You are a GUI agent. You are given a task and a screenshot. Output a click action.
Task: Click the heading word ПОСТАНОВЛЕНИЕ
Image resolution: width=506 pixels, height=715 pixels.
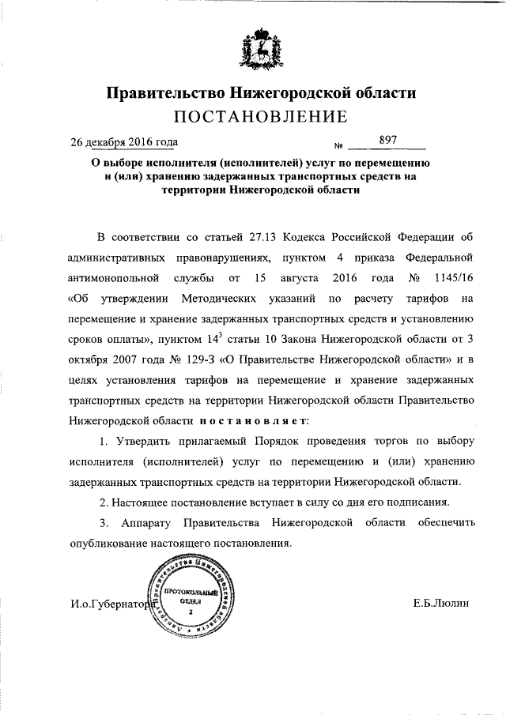point(261,118)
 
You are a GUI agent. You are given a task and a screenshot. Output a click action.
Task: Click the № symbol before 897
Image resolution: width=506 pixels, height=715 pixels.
point(338,145)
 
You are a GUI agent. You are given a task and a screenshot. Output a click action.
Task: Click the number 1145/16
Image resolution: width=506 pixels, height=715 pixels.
point(453,279)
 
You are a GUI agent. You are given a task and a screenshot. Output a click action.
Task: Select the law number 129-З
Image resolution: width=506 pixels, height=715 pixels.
point(187,361)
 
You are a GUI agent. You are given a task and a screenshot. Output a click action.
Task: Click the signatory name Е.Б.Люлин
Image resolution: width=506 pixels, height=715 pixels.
point(441,603)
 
